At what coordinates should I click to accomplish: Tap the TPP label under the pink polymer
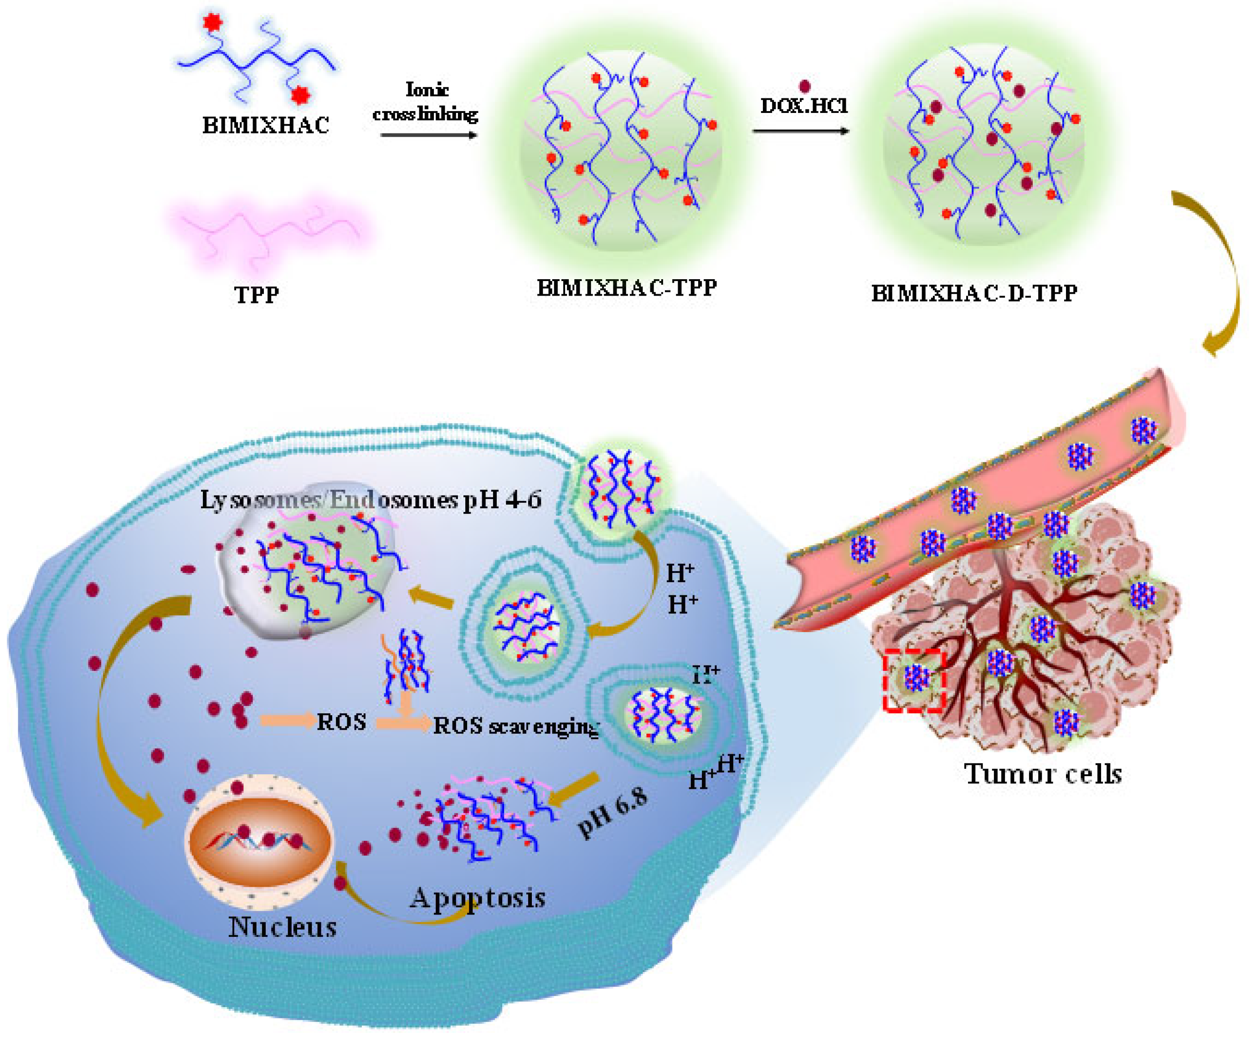click(x=257, y=294)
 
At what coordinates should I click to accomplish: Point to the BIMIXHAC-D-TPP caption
click(x=974, y=293)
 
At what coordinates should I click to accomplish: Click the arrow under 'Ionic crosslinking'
click(x=429, y=135)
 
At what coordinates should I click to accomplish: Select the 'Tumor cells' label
click(x=1043, y=774)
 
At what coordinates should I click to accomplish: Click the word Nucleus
click(x=283, y=927)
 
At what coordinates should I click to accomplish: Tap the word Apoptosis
click(x=477, y=897)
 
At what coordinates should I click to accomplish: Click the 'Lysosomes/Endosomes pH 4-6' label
click(x=370, y=500)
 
